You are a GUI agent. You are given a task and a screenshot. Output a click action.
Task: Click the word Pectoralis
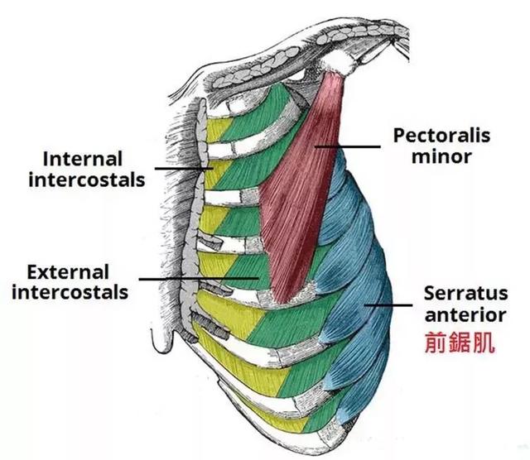(x=441, y=137)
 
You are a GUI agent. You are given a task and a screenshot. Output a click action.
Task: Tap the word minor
(x=441, y=156)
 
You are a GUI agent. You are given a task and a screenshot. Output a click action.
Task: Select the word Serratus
(x=465, y=293)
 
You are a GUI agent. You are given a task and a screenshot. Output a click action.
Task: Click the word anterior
(x=465, y=314)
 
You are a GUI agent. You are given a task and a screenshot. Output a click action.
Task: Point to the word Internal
(x=83, y=159)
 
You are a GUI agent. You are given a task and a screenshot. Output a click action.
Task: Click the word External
(x=68, y=272)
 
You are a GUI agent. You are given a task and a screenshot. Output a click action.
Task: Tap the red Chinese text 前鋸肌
(x=460, y=343)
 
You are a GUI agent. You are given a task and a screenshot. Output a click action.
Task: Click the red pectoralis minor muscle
(x=297, y=189)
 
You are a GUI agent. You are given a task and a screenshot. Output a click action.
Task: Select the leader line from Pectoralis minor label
(x=348, y=146)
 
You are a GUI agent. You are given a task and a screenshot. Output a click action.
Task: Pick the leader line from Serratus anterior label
(x=388, y=305)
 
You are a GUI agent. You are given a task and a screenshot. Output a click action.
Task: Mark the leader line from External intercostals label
(x=199, y=279)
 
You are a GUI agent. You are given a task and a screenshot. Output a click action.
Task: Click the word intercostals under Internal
(x=87, y=180)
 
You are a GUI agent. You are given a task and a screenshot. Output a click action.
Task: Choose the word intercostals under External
(x=70, y=293)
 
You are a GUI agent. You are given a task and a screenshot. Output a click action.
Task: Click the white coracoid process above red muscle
(x=340, y=63)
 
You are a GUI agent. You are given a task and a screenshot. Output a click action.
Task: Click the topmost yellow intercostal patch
(x=218, y=130)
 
